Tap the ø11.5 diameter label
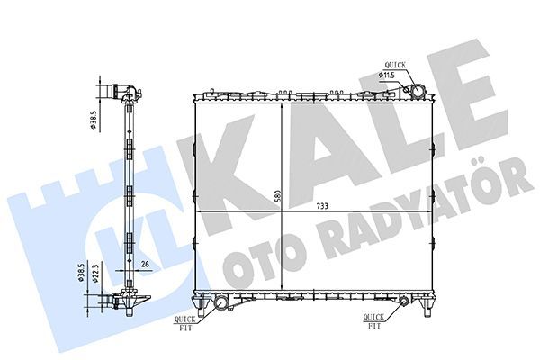pos(387,76)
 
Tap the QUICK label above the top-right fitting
pos(396,64)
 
